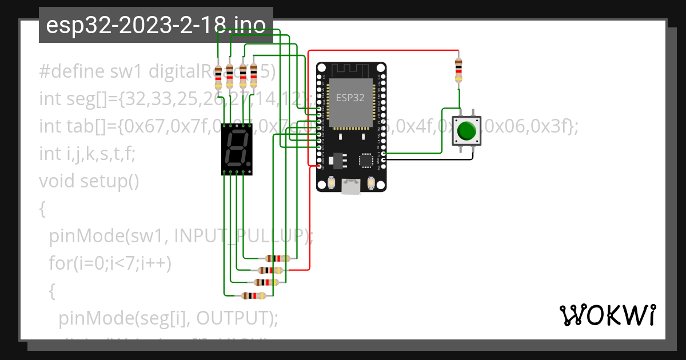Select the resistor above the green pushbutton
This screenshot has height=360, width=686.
458,70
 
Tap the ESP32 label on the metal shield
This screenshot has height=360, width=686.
350,98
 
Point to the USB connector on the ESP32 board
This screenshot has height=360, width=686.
351,187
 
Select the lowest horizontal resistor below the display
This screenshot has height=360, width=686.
253,295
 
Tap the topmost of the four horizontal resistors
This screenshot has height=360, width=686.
278,258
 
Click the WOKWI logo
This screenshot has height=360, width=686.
607,315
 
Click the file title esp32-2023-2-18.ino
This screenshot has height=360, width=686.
155,25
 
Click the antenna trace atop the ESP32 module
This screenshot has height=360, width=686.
351,70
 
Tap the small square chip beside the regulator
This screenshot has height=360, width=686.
365,161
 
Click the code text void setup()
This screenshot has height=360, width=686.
89,181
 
